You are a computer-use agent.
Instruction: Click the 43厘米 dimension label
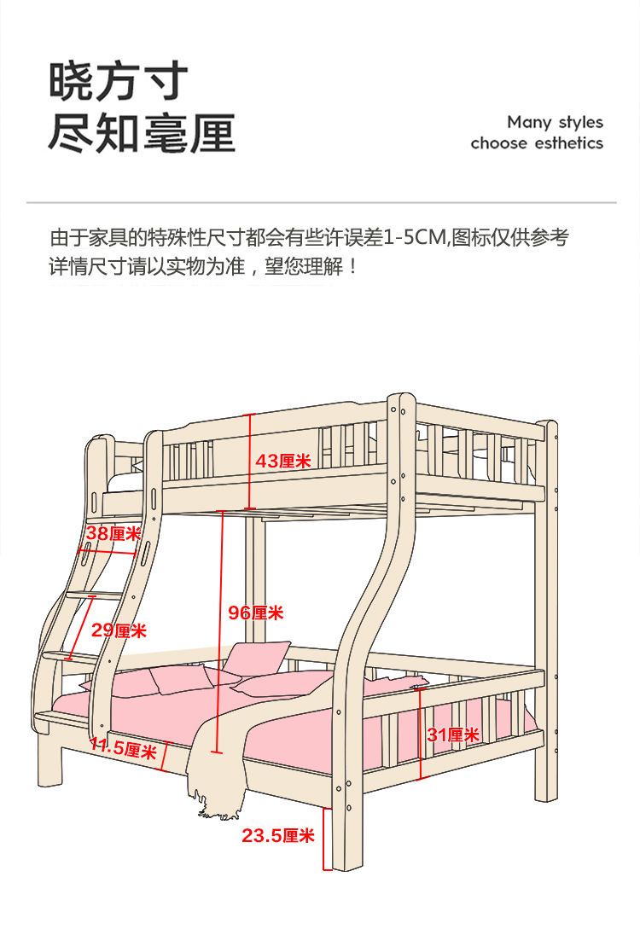283,462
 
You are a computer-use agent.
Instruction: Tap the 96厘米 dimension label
255,613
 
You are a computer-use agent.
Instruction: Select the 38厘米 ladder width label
113,534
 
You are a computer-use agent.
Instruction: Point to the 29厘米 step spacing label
119,630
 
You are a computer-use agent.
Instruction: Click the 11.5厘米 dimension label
123,749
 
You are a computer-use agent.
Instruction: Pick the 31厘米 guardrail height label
453,734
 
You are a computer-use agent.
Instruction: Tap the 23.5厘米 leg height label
278,835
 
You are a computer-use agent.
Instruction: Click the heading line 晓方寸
118,83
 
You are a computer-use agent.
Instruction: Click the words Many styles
555,122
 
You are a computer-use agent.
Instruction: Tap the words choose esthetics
537,143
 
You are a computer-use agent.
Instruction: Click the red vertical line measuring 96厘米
219,631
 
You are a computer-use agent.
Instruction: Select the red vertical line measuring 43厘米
249,461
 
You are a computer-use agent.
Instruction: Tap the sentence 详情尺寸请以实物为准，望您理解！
205,266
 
